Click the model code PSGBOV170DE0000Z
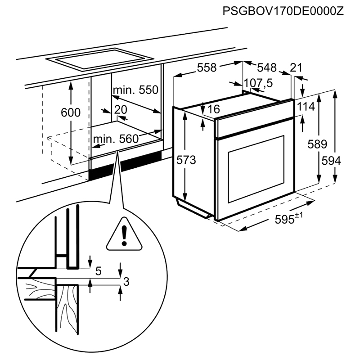[283, 11]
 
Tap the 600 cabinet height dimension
[71, 112]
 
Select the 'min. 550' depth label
[135, 90]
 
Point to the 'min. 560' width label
[116, 139]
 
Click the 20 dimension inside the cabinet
[120, 109]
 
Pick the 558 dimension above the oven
[207, 67]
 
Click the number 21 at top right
[296, 67]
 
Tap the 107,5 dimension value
[259, 83]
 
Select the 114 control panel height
[306, 107]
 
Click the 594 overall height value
[331, 160]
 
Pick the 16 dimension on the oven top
[214, 109]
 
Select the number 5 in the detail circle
[99, 271]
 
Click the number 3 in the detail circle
[126, 282]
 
